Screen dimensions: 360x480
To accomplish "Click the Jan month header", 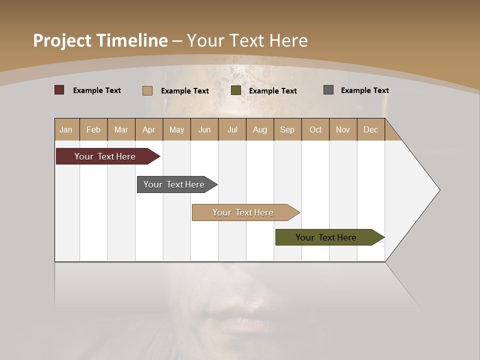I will click(66, 129).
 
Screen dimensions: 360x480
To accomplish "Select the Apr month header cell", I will click(149, 129).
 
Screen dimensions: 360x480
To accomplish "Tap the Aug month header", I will click(259, 129).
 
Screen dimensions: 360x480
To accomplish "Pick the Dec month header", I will click(370, 129).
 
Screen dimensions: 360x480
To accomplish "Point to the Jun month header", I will click(204, 129).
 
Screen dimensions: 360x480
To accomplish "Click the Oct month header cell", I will click(315, 129).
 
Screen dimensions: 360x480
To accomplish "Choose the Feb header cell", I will click(93, 129).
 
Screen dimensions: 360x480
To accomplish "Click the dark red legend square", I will click(59, 90).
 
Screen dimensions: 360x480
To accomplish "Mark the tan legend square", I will click(147, 90).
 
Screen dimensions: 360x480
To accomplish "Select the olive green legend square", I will click(236, 90).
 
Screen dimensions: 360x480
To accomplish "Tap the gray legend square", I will click(328, 90).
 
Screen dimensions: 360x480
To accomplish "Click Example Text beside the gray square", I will click(364, 90).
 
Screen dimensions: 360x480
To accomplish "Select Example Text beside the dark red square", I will click(96, 90).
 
